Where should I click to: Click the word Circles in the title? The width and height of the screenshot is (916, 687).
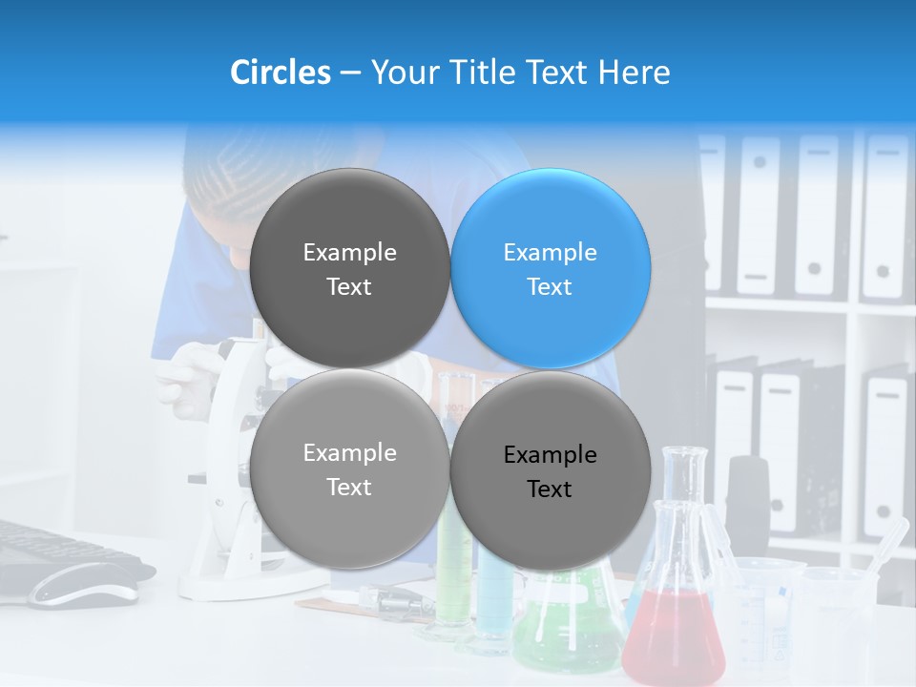point(281,73)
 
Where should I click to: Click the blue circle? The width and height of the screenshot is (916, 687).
point(551,268)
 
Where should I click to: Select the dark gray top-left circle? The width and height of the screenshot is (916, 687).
point(349,268)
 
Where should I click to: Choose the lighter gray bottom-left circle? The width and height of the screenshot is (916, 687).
point(349,468)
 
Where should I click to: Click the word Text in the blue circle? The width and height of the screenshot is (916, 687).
point(550,286)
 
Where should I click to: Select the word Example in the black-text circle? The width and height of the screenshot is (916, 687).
point(550,455)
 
